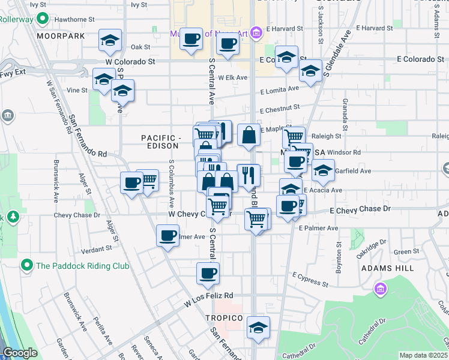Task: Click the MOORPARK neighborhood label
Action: [x=60, y=37]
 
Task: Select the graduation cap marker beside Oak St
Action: [x=110, y=41]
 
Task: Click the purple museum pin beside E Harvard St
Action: [x=256, y=31]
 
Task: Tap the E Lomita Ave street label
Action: [x=279, y=89]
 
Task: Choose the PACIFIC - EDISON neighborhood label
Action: [x=160, y=142]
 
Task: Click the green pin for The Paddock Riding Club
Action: [x=26, y=265]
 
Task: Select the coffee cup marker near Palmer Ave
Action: [x=168, y=235]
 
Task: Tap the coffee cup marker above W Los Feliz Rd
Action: [x=208, y=273]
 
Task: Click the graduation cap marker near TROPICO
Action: [x=258, y=327]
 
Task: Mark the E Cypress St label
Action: [x=310, y=279]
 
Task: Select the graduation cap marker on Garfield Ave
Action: [x=323, y=171]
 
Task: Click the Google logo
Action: [x=20, y=353]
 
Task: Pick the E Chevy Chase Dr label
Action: [x=361, y=209]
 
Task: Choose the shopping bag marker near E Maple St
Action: [x=249, y=135]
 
